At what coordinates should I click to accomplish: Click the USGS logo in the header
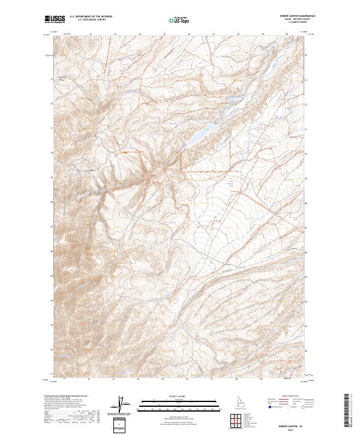[55, 19]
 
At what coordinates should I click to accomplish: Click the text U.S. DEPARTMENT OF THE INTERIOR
[91, 17]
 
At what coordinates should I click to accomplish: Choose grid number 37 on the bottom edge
[212, 379]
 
